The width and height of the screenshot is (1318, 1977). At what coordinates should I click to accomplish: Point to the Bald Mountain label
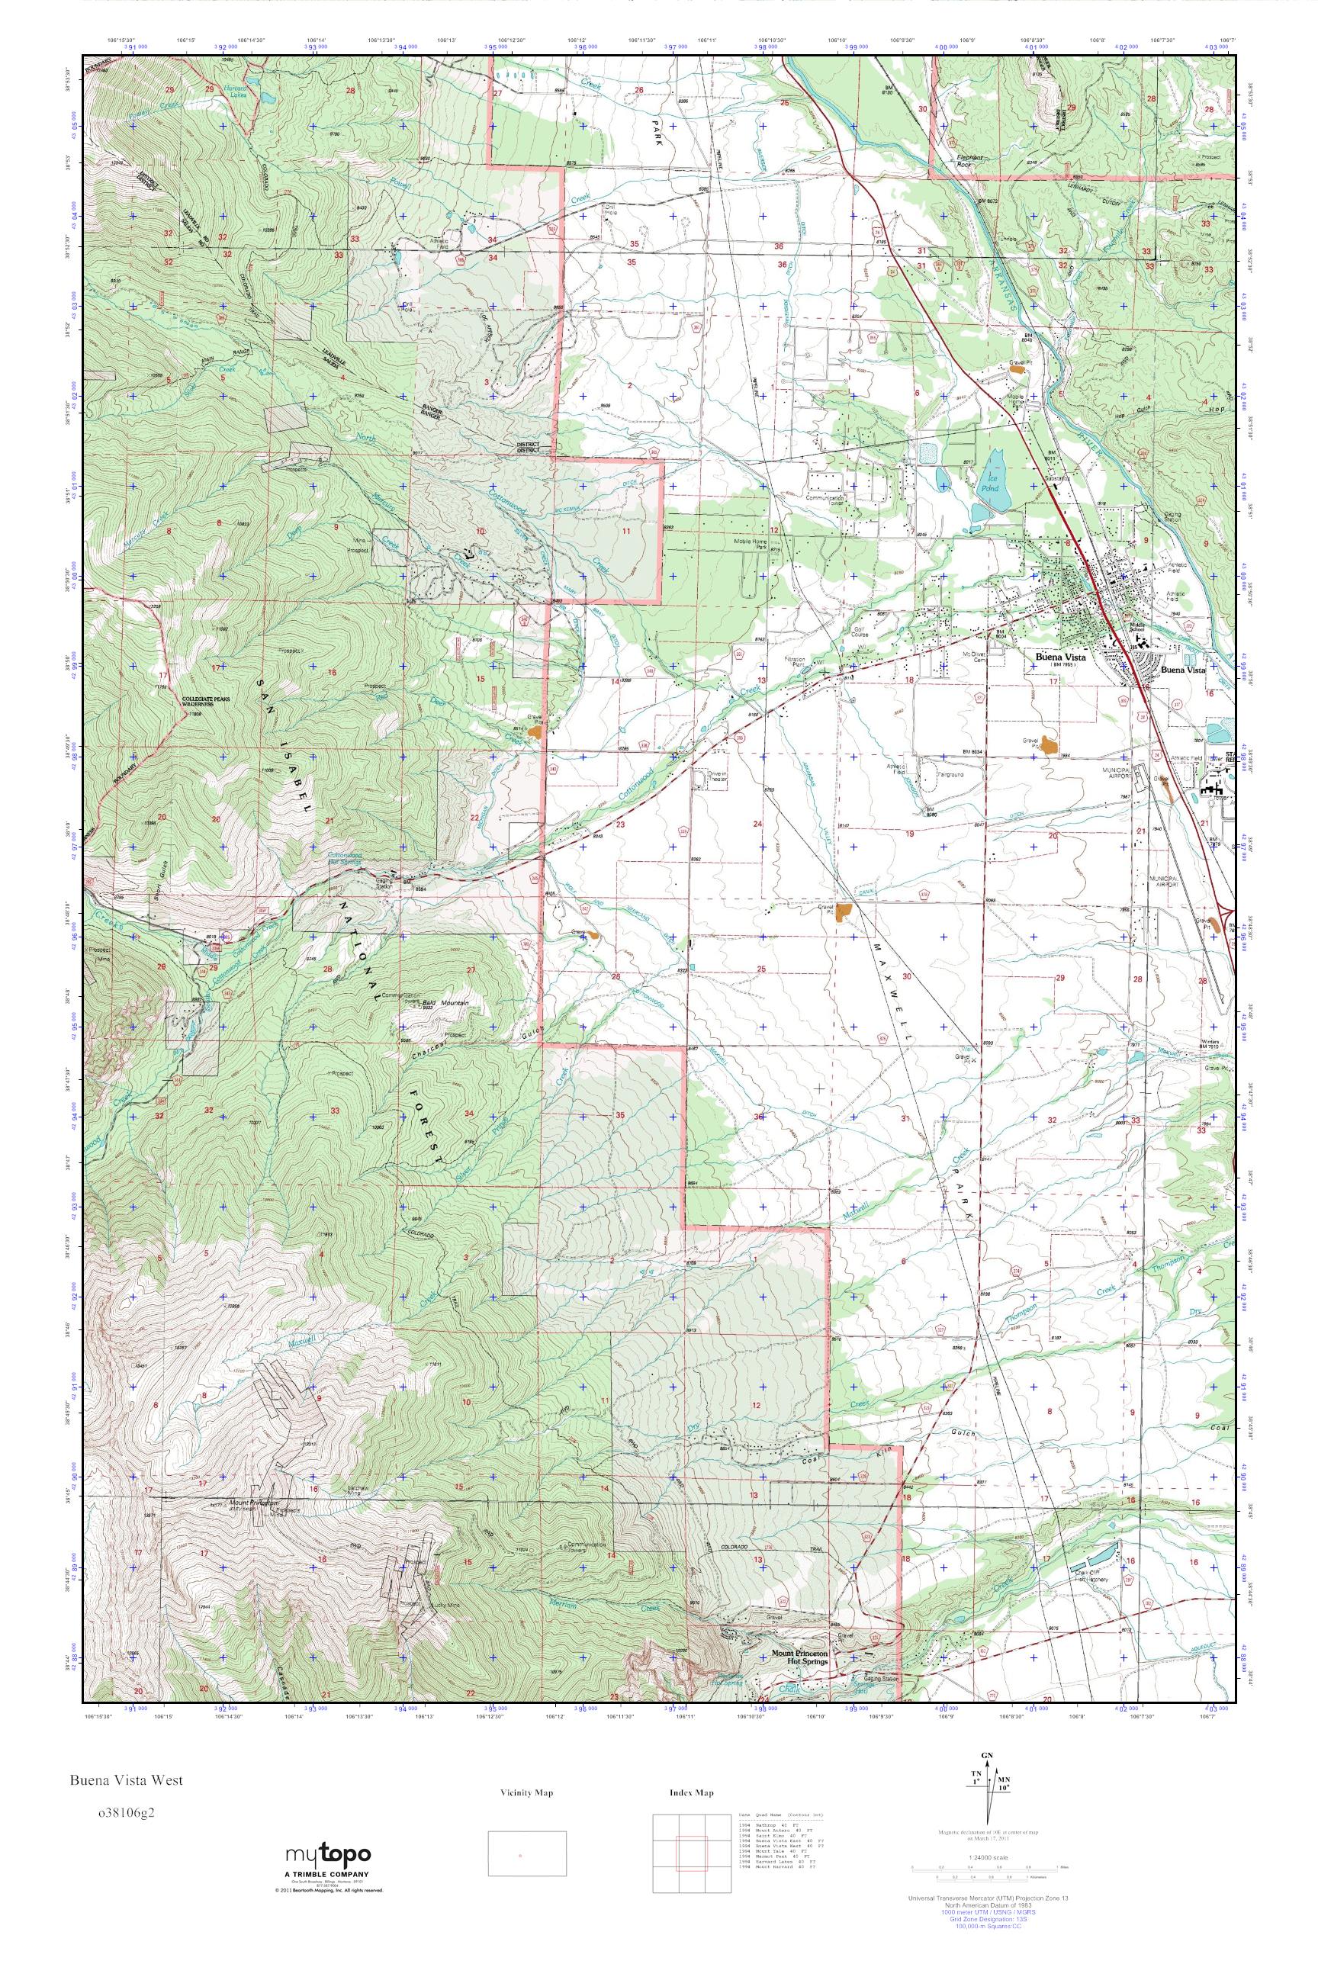(x=447, y=1003)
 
